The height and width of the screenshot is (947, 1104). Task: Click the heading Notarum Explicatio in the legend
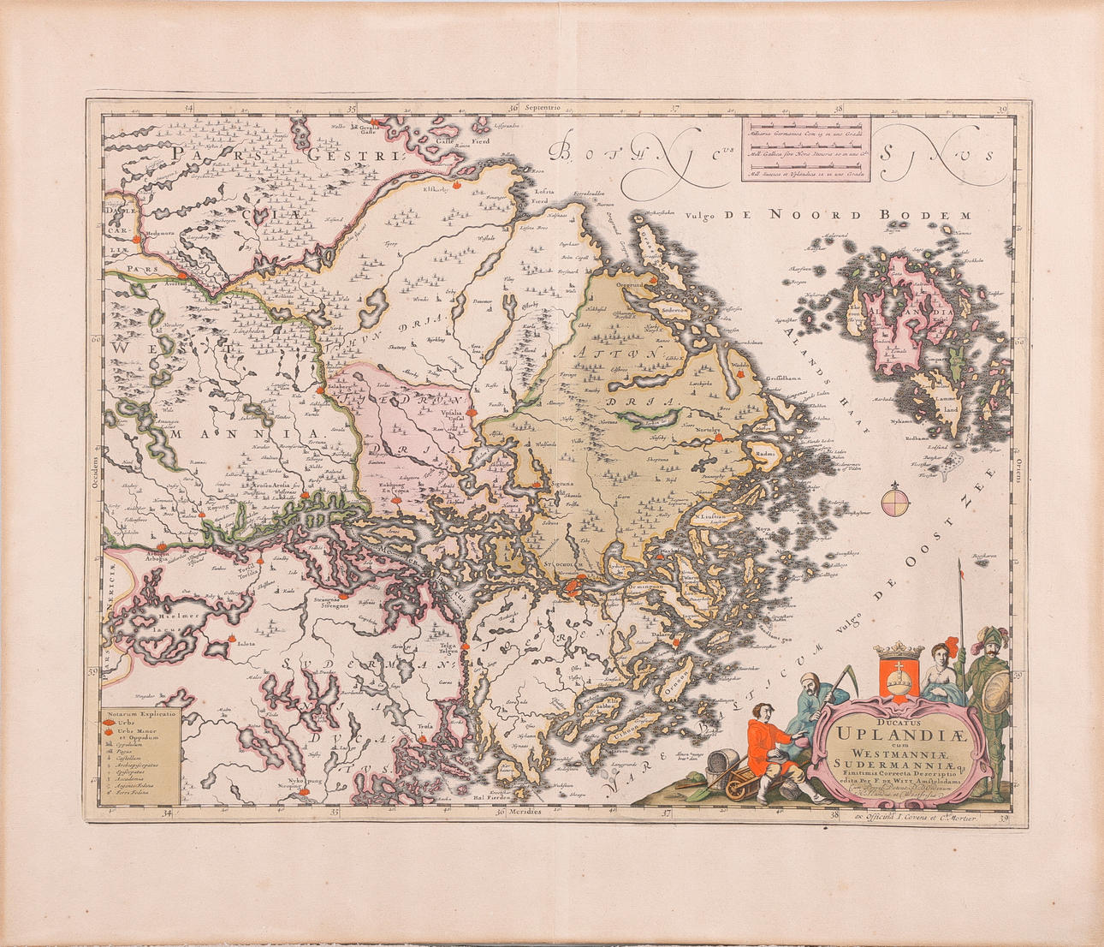[x=137, y=712]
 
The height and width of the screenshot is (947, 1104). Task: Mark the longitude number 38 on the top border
[x=838, y=109]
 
